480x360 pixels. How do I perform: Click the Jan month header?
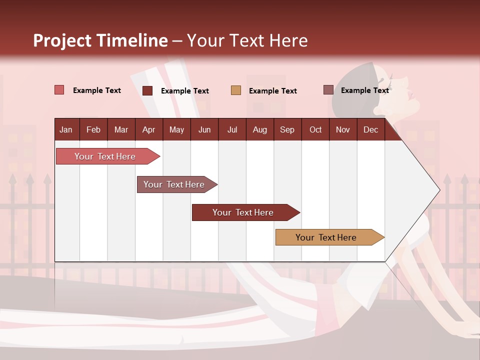click(66, 129)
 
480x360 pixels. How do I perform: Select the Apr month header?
click(148, 129)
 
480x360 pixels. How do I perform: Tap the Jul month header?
click(232, 129)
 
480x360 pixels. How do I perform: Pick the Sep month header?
click(287, 129)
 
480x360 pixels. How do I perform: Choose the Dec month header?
click(370, 129)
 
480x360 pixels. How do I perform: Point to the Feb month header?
click(93, 129)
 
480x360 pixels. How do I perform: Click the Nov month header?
click(342, 129)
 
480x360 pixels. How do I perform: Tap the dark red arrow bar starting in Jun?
click(243, 212)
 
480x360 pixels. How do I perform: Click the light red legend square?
click(59, 90)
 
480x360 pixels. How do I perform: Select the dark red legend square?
click(147, 90)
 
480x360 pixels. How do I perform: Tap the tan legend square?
click(236, 90)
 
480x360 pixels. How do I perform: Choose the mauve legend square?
click(328, 90)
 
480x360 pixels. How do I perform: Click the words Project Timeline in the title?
click(100, 40)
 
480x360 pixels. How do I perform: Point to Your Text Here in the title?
click(247, 40)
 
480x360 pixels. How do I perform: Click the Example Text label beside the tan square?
click(273, 91)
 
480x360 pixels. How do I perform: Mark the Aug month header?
click(259, 129)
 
